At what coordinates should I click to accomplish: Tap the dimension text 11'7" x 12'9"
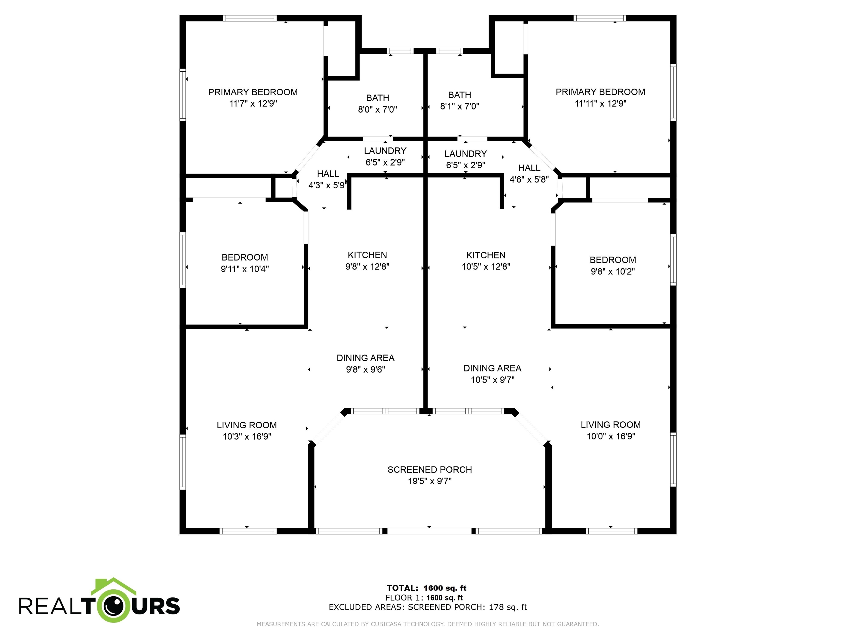253,104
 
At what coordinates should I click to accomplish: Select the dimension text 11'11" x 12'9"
600,104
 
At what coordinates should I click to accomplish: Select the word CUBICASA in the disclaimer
388,624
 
